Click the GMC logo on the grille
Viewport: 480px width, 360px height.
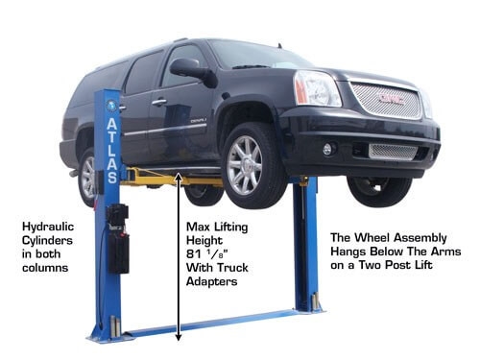(390, 98)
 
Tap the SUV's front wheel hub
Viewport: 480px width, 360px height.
(244, 165)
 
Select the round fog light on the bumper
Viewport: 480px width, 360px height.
(327, 149)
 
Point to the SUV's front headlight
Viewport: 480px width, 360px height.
(317, 88)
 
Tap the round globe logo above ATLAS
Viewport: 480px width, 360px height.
(112, 105)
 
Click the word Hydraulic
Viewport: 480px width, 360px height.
(48, 228)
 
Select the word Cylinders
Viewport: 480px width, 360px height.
(47, 241)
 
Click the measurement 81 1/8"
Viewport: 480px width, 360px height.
(206, 254)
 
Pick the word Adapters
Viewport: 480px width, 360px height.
(212, 281)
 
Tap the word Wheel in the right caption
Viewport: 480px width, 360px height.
(372, 238)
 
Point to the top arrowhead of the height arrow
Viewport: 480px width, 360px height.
(179, 177)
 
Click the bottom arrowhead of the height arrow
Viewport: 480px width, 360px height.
(179, 337)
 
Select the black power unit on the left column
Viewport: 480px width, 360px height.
(118, 239)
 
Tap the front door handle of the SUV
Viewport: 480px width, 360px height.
(159, 103)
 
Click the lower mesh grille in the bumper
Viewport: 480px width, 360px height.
(394, 152)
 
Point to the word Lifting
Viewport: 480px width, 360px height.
(231, 228)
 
